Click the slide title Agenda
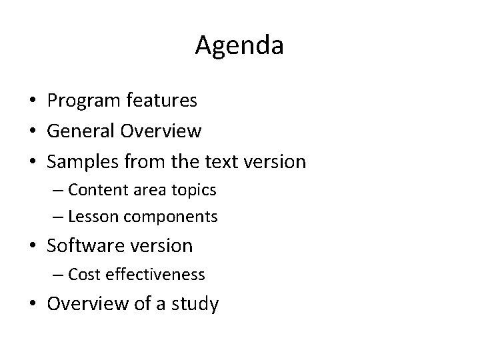pos(240,46)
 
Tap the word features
pos(164,100)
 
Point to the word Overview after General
pos(162,131)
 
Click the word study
pos(193,305)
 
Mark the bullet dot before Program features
pos(32,101)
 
